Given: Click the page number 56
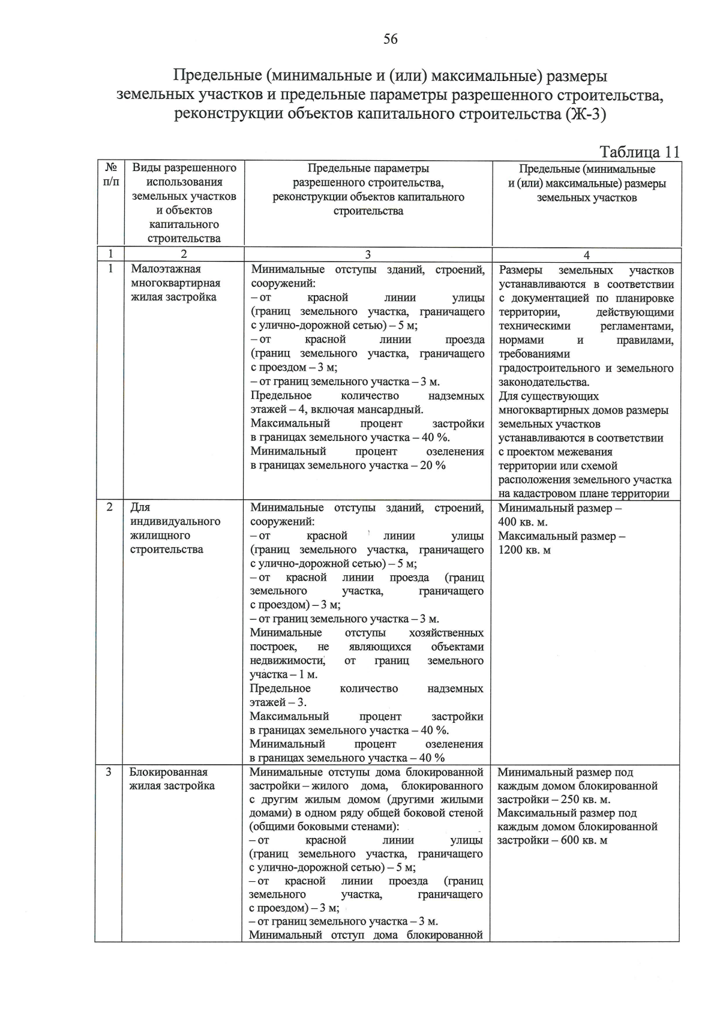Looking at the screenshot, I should [390, 40].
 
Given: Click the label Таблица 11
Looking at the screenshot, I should [640, 152].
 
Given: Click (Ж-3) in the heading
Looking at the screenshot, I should [586, 115].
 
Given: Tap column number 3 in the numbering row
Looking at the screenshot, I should [368, 255].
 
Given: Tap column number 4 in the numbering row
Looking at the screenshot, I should [586, 255].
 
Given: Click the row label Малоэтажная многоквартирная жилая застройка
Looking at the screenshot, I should [176, 283].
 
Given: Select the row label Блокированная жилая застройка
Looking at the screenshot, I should [172, 779].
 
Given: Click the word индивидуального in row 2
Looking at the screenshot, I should [176, 521].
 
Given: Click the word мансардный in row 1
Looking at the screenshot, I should [392, 410].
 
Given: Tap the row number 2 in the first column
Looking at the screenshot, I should [110, 508].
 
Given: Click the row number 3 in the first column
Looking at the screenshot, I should [109, 772].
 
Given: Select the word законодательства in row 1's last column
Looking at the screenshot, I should [543, 382].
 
